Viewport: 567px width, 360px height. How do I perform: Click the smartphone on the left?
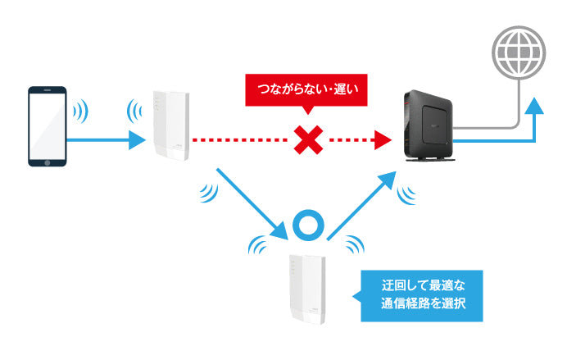coord(47,126)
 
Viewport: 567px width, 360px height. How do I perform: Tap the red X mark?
coord(306,141)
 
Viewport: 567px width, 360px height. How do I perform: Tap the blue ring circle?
coord(310,223)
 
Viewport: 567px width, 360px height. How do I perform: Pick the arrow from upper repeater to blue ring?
coord(251,198)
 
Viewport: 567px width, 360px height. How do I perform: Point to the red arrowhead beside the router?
coord(379,141)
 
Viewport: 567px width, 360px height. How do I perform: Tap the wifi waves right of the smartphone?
coord(80,110)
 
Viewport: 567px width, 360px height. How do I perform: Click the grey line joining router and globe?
coord(492,127)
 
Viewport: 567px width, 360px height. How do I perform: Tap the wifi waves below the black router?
coord(406,192)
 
